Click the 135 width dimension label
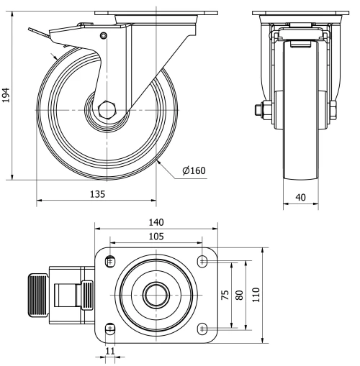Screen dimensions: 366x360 tap(98, 194)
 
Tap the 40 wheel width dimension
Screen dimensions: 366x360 tap(300, 196)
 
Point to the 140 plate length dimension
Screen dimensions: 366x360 tap(156, 222)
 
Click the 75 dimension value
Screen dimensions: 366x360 tap(225, 294)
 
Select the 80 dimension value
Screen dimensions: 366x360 tap(239, 294)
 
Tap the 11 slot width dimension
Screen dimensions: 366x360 tap(109, 352)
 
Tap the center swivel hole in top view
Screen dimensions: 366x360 tap(156, 295)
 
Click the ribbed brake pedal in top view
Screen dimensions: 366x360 tap(37, 295)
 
